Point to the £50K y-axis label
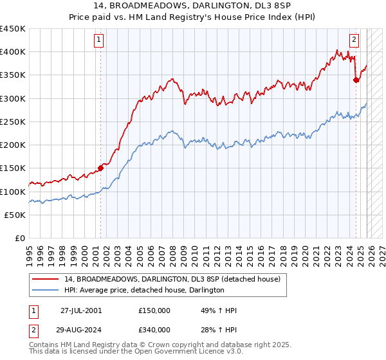click(x=15, y=215)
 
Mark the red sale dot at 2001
click(x=101, y=168)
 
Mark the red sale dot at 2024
click(x=356, y=80)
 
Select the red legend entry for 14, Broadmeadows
click(x=172, y=280)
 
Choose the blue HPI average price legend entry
click(x=143, y=291)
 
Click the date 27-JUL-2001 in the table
click(x=81, y=310)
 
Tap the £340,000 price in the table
click(x=154, y=330)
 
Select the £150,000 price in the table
click(x=154, y=310)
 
